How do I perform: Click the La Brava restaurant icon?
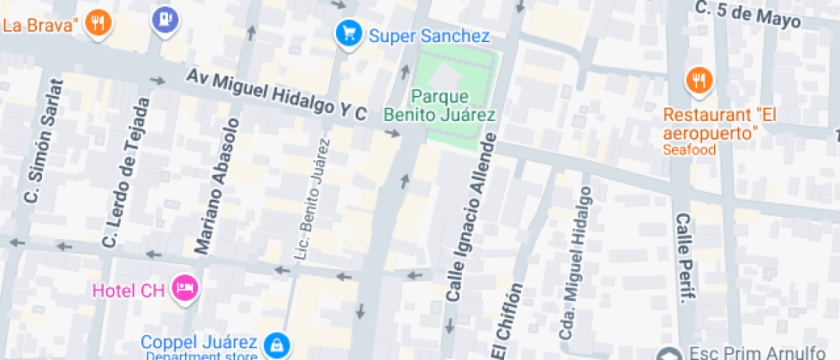tap(99, 23)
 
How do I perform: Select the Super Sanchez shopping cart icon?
tap(347, 34)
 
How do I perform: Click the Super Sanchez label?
tap(429, 36)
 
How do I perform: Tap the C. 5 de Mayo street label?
tap(749, 15)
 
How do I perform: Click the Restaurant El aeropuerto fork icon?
tap(699, 81)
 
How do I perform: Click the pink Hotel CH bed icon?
tap(183, 289)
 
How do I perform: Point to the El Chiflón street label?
tap(507, 321)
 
